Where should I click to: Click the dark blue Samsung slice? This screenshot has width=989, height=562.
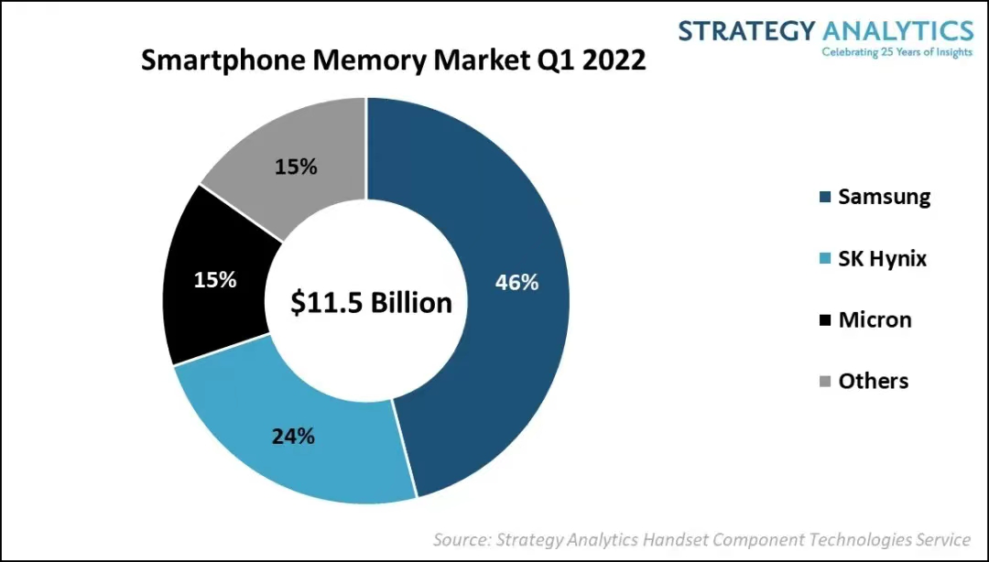pos(494,366)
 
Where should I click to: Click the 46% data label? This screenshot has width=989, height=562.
pos(516,283)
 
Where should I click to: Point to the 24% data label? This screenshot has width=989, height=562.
pos(293,436)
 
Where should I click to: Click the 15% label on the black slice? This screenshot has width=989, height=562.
pos(215,280)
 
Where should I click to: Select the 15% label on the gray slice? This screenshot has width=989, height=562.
pos(296,167)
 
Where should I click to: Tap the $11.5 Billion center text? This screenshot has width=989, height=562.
pos(371,303)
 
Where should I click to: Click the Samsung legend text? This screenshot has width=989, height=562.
pos(884,197)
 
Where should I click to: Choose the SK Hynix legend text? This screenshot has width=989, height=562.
pos(882,259)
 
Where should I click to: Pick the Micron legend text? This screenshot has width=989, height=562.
pos(875,319)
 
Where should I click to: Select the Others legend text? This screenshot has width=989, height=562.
pos(873,381)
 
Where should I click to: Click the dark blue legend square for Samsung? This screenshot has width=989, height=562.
pos(824,198)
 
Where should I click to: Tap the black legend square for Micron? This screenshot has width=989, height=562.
pos(824,320)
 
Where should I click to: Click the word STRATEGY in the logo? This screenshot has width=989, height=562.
pos(746,30)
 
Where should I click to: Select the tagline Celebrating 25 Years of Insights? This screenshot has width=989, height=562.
pos(897,51)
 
